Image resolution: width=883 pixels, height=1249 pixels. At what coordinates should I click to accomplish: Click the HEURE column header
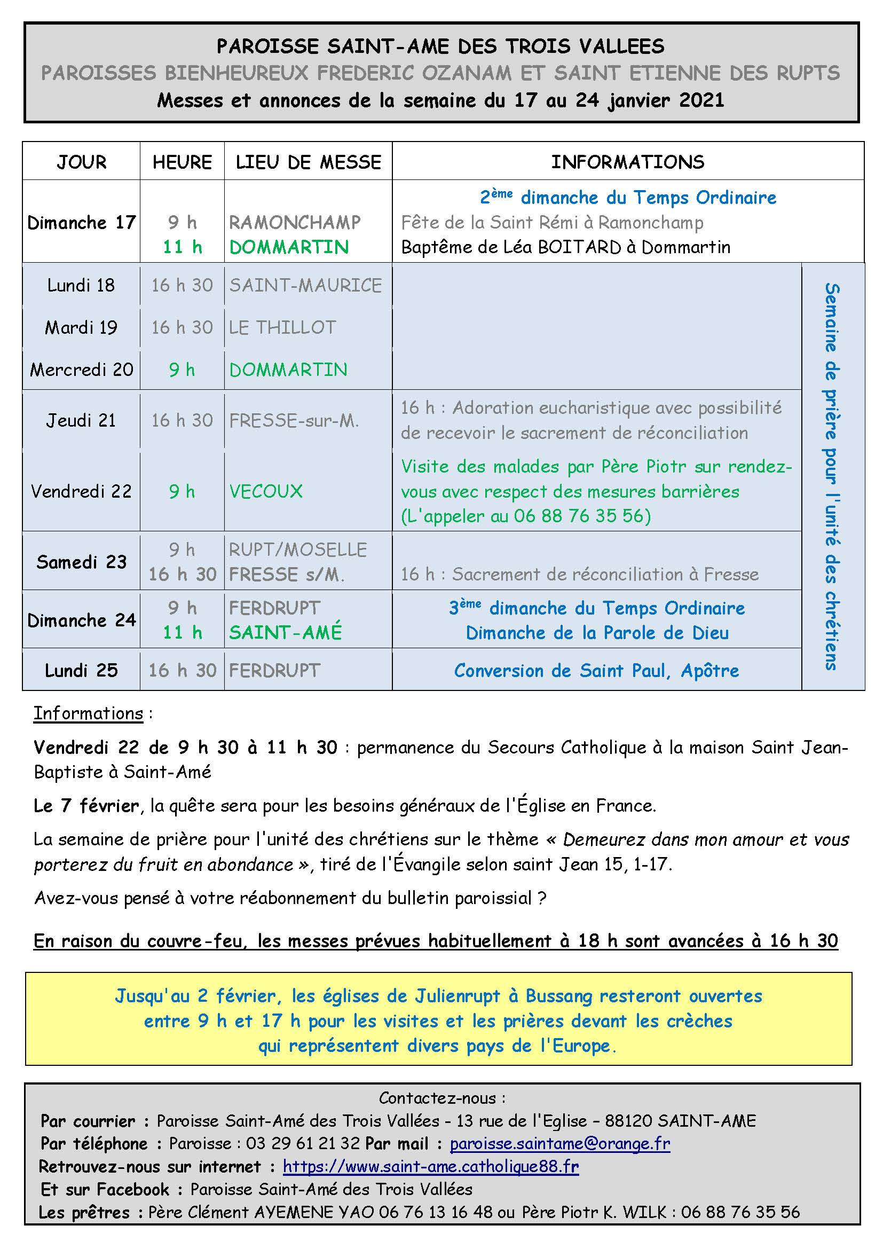click(182, 162)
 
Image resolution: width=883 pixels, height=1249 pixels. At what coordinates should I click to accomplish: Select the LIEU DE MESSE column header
click(308, 162)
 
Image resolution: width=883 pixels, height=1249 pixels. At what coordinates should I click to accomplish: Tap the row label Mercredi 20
click(82, 370)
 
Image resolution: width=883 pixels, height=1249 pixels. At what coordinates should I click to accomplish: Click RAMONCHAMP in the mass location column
click(295, 222)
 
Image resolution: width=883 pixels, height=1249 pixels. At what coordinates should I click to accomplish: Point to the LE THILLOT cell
click(283, 327)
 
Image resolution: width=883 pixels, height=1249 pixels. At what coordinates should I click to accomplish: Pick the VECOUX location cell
click(266, 491)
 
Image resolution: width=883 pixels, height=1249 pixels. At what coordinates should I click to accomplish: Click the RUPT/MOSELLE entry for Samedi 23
click(298, 549)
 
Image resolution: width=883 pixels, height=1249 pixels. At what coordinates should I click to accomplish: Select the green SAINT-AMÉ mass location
click(286, 632)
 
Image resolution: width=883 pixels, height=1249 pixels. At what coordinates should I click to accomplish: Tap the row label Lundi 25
click(82, 670)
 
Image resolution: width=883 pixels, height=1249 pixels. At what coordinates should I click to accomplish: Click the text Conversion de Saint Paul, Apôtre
click(596, 671)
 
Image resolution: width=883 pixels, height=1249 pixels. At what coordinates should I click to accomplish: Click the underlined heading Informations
click(88, 713)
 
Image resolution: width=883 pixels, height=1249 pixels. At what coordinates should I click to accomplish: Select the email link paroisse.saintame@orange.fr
click(559, 1143)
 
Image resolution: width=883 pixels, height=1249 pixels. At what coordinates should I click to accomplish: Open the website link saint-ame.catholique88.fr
click(431, 1166)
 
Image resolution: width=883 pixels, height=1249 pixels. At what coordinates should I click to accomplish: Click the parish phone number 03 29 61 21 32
click(303, 1143)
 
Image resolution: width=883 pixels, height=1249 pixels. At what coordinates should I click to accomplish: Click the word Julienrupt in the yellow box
click(458, 996)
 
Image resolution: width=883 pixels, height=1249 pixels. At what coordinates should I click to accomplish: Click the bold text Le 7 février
click(86, 806)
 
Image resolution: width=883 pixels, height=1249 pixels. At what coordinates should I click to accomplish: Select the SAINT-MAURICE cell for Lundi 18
click(305, 285)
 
